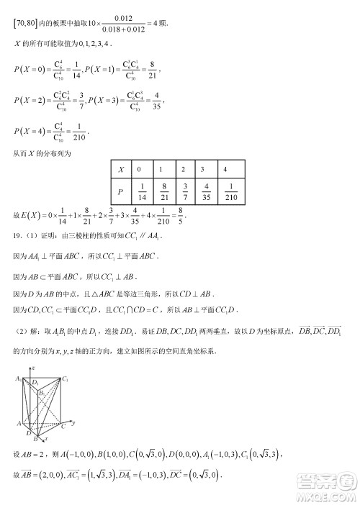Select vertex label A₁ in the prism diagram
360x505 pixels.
pyautogui.click(x=17, y=378)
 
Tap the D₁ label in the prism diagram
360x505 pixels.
pyautogui.click(x=35, y=383)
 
